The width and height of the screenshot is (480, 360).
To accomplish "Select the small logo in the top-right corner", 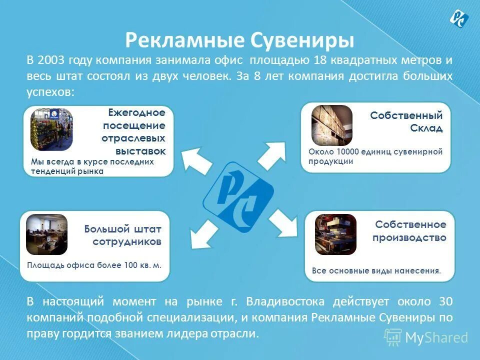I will [458, 18].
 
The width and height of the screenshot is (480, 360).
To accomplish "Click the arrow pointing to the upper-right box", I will [272, 153].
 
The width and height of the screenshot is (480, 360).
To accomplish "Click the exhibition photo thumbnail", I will [51, 129].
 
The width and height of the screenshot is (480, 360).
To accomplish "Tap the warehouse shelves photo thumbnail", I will [332, 125].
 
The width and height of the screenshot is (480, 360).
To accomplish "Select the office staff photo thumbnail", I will [46, 234].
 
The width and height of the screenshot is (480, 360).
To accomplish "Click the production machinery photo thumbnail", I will [335, 234].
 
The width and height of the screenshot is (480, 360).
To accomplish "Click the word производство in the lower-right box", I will [409, 238].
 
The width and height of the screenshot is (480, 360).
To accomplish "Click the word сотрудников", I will [127, 241].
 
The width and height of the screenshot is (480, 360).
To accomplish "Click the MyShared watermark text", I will [436, 337].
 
